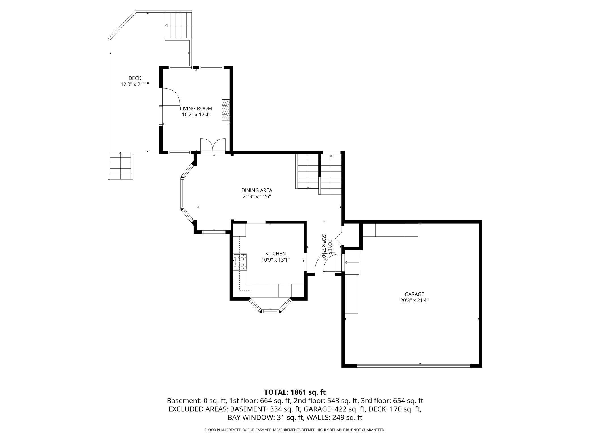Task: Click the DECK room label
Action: point(135,78)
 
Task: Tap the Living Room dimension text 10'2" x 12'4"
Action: point(196,115)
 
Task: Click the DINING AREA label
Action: point(257,190)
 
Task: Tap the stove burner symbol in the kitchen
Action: point(240,262)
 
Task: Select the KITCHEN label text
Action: point(275,253)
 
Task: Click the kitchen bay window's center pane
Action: point(270,311)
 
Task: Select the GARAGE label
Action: point(414,294)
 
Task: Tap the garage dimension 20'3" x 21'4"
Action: point(414,301)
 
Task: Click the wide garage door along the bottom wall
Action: point(413,365)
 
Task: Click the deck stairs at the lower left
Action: point(121,166)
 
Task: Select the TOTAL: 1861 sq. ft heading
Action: point(295,392)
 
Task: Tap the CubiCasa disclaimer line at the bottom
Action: point(295,430)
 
